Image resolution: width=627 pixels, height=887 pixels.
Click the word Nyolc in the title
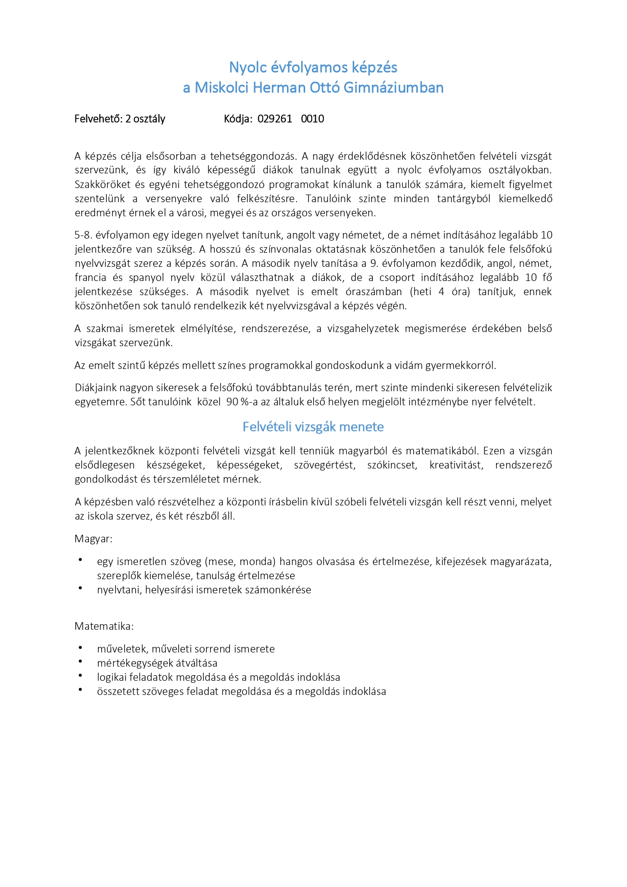246,67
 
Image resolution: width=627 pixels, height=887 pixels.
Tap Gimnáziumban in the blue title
394,87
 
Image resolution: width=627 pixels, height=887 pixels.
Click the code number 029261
275,119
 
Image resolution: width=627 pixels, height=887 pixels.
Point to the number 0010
312,119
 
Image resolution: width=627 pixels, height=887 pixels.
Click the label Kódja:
238,119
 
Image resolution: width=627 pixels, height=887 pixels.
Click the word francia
90,277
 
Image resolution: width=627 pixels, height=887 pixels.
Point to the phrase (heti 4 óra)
440,292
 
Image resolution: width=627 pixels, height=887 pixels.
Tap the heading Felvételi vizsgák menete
313,427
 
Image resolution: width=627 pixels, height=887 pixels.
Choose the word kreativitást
456,465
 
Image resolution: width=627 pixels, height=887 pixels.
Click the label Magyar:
93,539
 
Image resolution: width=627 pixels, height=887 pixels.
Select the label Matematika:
104,626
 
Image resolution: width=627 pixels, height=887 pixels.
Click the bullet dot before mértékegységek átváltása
80,662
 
